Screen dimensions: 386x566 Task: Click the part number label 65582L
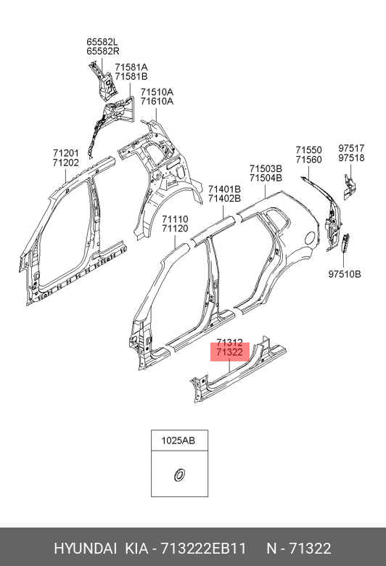tap(102, 42)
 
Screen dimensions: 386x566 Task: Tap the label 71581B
tap(131, 76)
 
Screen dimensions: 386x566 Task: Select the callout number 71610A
tap(157, 102)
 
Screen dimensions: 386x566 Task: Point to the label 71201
tap(66, 153)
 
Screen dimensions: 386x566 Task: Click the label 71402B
tap(224, 198)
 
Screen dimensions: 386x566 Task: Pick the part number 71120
tap(175, 229)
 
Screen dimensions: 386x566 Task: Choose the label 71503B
tap(266, 168)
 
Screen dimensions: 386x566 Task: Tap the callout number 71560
tap(309, 160)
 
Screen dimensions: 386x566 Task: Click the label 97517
tap(351, 148)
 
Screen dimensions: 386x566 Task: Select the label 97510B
tap(345, 274)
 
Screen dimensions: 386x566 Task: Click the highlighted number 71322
tap(230, 352)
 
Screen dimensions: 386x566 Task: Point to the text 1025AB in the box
tap(178, 440)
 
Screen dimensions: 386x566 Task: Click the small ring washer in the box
tap(178, 475)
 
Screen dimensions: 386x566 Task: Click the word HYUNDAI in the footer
tap(85, 549)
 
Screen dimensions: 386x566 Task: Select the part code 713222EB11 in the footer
tap(203, 549)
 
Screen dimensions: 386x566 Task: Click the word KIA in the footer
tap(136, 549)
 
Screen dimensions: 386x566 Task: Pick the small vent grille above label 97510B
tap(344, 242)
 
